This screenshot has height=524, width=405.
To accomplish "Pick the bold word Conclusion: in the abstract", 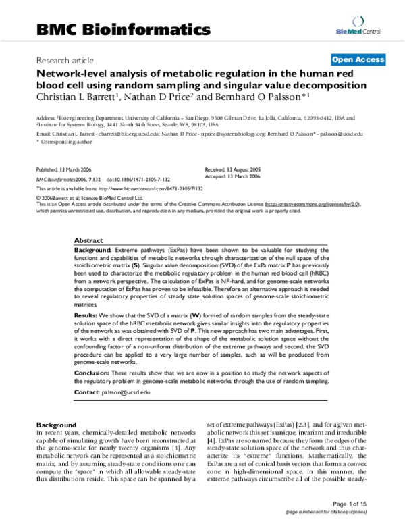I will [92, 372].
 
